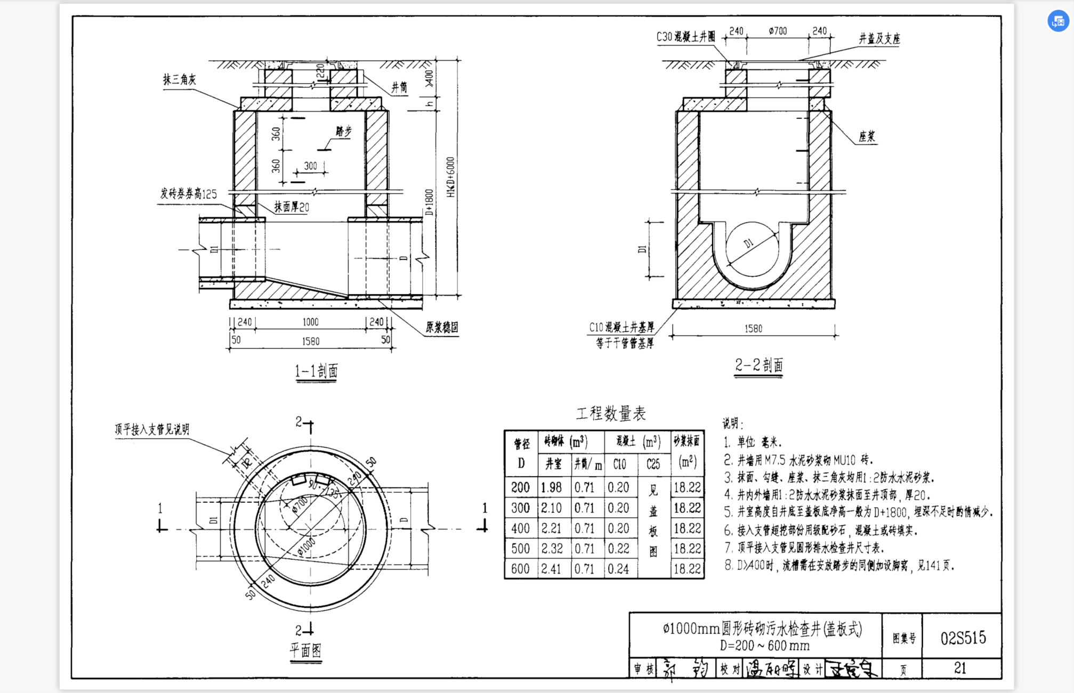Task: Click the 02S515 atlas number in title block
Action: pos(963,638)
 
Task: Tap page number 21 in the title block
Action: pos(960,668)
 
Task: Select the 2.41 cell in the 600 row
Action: pos(551,569)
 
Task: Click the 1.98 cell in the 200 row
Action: pos(551,487)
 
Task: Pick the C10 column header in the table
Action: pos(619,464)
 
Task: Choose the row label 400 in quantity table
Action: pos(520,528)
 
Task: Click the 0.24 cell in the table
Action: pos(618,569)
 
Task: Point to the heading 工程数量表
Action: pos(611,413)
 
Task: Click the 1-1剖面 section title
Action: pos(316,371)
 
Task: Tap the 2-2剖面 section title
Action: pos(758,365)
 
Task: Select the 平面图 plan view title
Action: pos(305,650)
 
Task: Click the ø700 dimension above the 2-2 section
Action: pos(778,31)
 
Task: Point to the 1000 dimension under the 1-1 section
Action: pos(310,322)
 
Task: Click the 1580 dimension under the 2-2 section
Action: pos(753,329)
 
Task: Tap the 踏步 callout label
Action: pos(344,131)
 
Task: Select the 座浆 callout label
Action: pos(867,136)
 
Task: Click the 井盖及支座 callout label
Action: pos(879,38)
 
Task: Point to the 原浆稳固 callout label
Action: pos(441,327)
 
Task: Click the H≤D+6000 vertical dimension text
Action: pos(451,177)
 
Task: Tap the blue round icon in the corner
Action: pos(1058,21)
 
